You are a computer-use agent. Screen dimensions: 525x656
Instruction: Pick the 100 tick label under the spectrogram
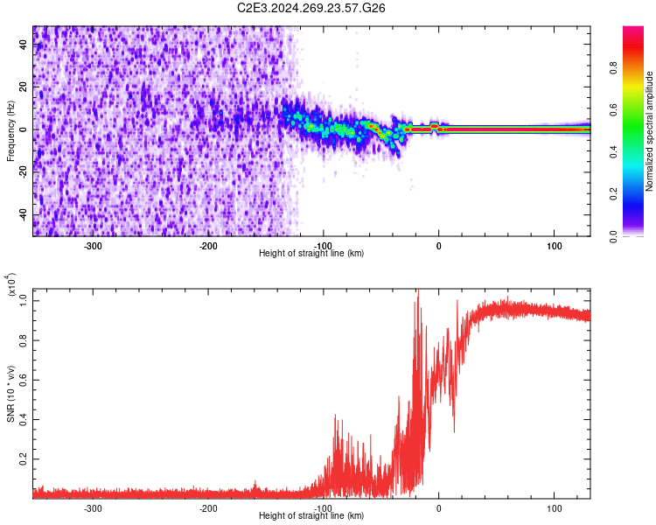(554, 246)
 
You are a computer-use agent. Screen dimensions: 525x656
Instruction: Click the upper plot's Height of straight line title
(311, 254)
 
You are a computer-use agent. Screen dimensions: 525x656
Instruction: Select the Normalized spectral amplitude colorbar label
(650, 131)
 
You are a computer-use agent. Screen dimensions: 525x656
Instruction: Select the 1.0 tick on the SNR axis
(24, 300)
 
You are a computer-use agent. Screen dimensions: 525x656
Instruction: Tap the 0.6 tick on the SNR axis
(24, 379)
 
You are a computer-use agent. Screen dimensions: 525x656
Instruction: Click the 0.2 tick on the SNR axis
(24, 458)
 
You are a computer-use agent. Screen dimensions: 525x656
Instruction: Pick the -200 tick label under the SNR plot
(208, 508)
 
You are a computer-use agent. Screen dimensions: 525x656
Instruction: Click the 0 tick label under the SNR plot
(439, 508)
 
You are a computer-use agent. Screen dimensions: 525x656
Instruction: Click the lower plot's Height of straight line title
(311, 516)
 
